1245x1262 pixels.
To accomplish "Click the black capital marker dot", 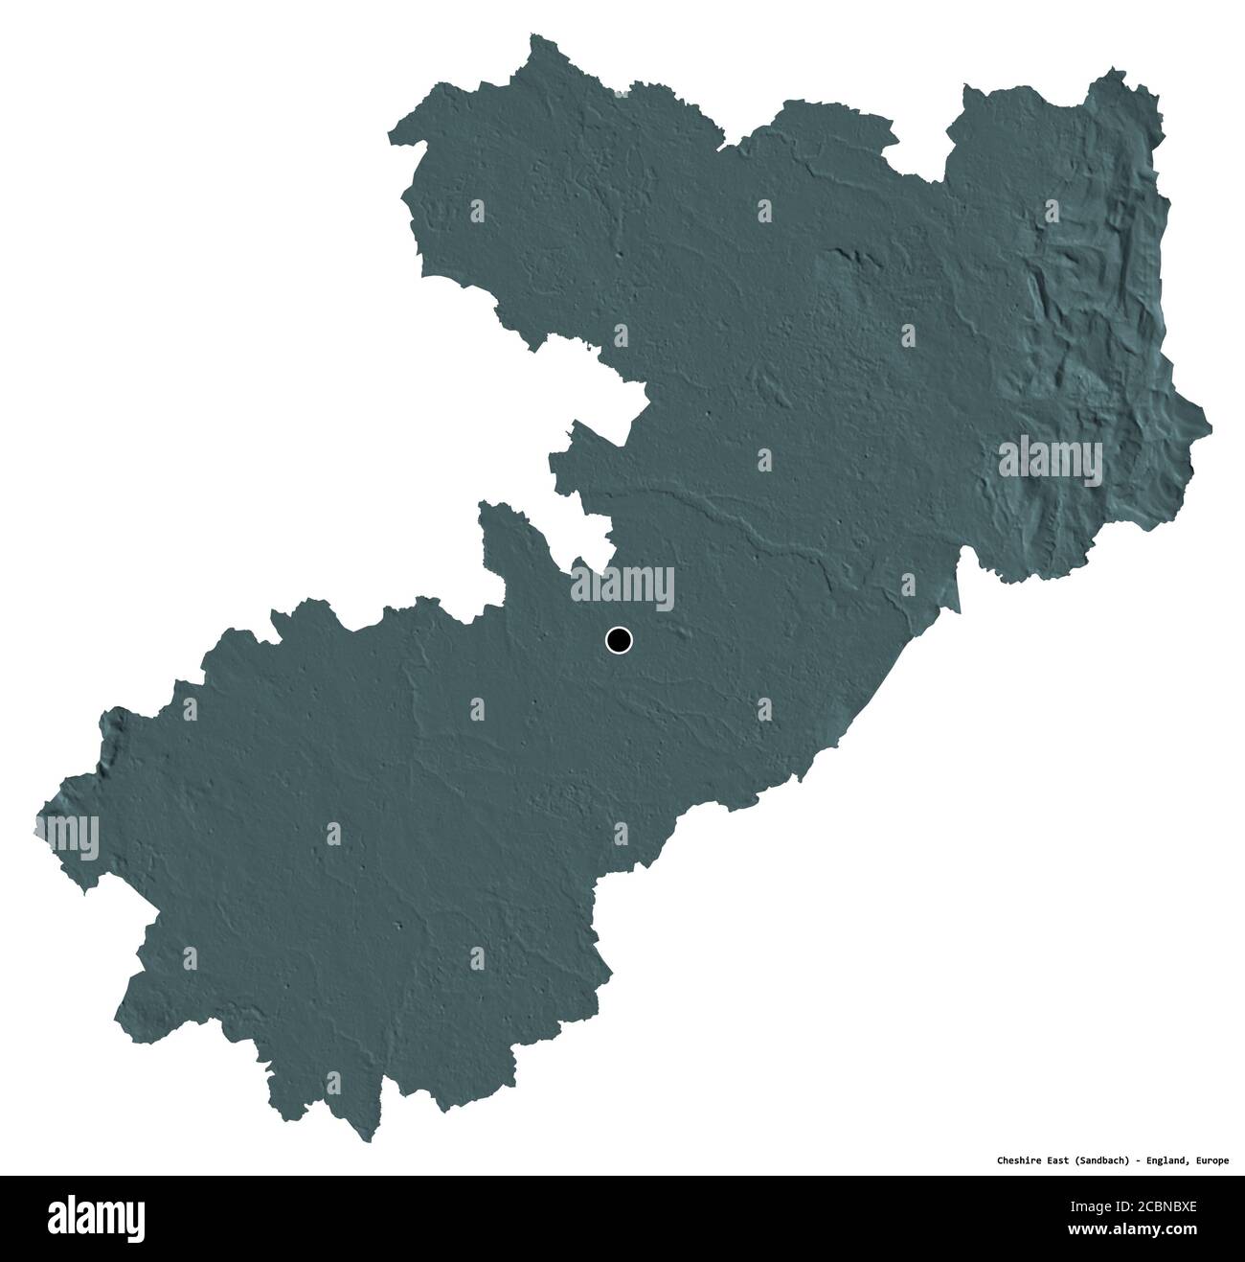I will click(619, 640).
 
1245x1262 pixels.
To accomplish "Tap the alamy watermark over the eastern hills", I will click(1051, 457).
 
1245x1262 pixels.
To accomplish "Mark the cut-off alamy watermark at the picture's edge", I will click(67, 834).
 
